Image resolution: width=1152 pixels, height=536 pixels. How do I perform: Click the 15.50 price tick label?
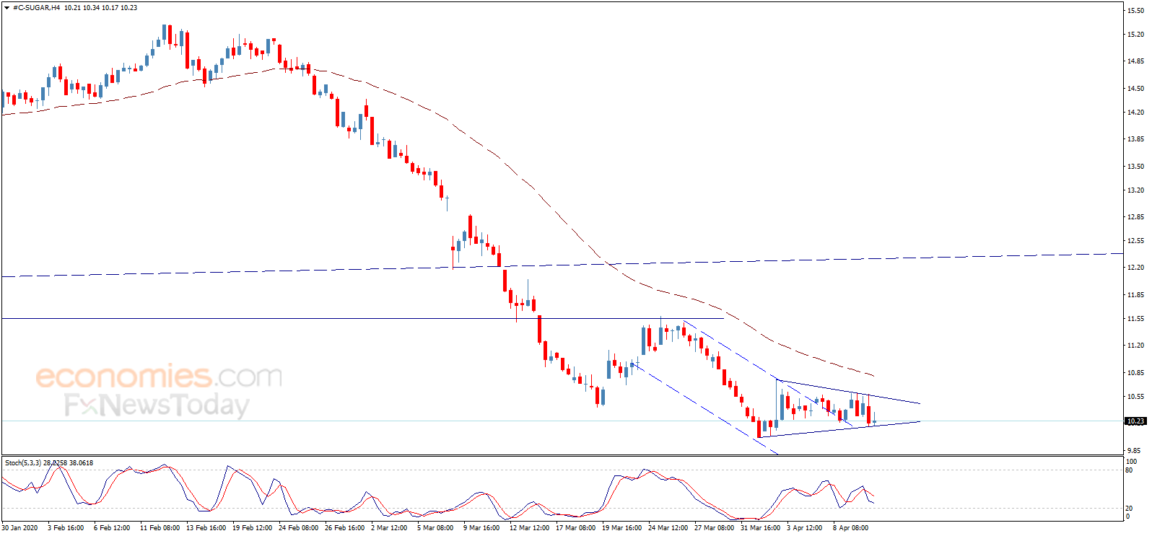[x=1135, y=10]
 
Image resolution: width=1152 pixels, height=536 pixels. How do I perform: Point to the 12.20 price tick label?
[x=1135, y=267]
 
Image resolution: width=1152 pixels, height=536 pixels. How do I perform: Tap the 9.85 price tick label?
[x=1135, y=451]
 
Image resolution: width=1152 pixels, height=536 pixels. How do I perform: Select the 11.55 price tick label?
[x=1135, y=319]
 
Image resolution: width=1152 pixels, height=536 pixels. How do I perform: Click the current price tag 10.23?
[x=1135, y=421]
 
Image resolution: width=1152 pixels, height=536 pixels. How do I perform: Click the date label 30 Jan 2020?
[x=20, y=528]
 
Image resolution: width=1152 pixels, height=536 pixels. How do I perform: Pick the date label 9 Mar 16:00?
[x=481, y=528]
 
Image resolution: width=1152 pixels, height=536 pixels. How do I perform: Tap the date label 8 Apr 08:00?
[x=850, y=528]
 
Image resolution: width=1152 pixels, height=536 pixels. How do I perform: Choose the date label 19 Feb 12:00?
[x=252, y=528]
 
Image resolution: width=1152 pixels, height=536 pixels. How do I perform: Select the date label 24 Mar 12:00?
[x=668, y=528]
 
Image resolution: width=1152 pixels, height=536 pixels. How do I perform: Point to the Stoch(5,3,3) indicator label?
[x=23, y=463]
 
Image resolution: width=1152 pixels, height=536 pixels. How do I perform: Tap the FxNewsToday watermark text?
[x=157, y=405]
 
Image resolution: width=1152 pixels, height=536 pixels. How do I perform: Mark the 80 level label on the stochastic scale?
[x=1129, y=470]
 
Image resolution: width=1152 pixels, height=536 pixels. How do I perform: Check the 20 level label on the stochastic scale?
[x=1129, y=509]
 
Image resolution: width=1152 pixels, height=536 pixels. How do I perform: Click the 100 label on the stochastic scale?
[x=1132, y=462]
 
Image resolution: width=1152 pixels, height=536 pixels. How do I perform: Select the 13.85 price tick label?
[x=1135, y=139]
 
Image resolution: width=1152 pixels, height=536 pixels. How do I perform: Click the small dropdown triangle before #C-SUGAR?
[x=6, y=8]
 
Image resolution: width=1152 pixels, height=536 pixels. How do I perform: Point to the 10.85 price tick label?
[x=1135, y=372]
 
